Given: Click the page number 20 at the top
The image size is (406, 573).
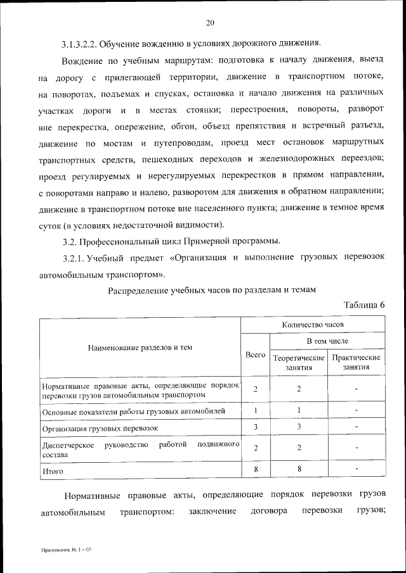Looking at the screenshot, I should (210, 23).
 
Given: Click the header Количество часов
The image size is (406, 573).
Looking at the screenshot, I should (313, 324).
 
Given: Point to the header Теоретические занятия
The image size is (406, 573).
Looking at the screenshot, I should (298, 362).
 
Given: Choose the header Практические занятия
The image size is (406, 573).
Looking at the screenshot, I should (356, 362).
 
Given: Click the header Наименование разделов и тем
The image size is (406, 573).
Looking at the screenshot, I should (140, 347).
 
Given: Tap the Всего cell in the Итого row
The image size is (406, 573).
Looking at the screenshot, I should (255, 469).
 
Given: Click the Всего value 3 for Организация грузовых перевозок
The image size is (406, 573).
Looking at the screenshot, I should (255, 427).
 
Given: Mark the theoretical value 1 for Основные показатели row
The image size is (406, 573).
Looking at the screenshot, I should (298, 410).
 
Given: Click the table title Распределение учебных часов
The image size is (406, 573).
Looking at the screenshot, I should (212, 290).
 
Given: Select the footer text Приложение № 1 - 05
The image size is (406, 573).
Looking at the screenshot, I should (67, 551).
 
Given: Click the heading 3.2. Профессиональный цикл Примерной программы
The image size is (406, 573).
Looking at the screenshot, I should (171, 241).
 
